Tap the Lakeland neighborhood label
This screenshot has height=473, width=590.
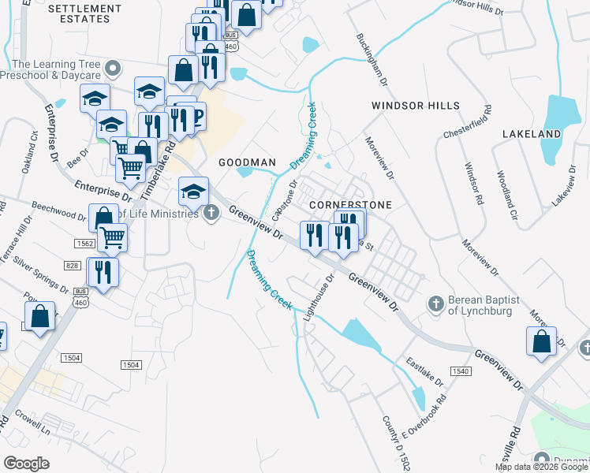coord(532,134)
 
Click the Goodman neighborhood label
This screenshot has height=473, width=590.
coord(247,162)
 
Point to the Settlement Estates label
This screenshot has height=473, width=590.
coord(85,13)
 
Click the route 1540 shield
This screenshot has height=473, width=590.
coord(460,371)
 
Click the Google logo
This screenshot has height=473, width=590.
coord(27,464)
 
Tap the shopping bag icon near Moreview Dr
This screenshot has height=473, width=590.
coord(541,342)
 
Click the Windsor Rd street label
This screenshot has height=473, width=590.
coord(473,184)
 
